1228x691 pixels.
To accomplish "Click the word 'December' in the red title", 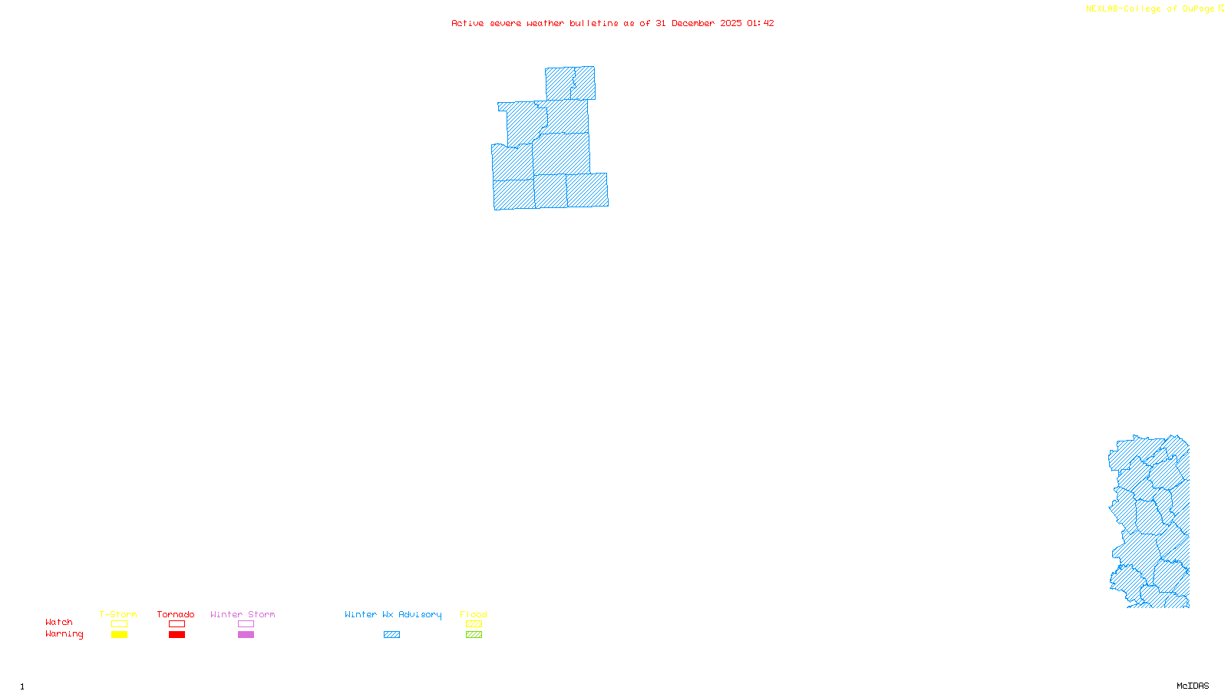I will pos(693,23).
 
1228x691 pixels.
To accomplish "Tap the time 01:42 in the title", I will pos(760,23).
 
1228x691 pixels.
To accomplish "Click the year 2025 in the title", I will pos(731,23).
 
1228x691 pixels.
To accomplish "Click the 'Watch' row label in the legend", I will pos(59,622).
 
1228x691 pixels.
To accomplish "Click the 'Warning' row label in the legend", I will pos(64,634).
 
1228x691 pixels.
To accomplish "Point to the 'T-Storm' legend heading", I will pos(118,614).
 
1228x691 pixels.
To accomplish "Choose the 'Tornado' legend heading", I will pos(176,614).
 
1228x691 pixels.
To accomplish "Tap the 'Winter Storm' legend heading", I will pos(243,614).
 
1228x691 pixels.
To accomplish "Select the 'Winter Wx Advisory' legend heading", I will pos(393,614).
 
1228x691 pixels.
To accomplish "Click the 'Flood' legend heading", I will pos(474,614).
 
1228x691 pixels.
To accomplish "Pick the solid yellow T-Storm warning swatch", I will pos(119,635).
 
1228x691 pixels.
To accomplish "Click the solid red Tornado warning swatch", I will pos(177,635).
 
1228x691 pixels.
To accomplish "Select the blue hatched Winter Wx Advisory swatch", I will pos(391,635).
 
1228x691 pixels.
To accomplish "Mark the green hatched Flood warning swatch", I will pos(474,635).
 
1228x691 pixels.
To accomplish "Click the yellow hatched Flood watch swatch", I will pos(474,624).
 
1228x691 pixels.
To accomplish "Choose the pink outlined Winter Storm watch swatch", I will pos(246,624).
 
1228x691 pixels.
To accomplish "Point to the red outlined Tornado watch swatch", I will pos(177,624).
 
